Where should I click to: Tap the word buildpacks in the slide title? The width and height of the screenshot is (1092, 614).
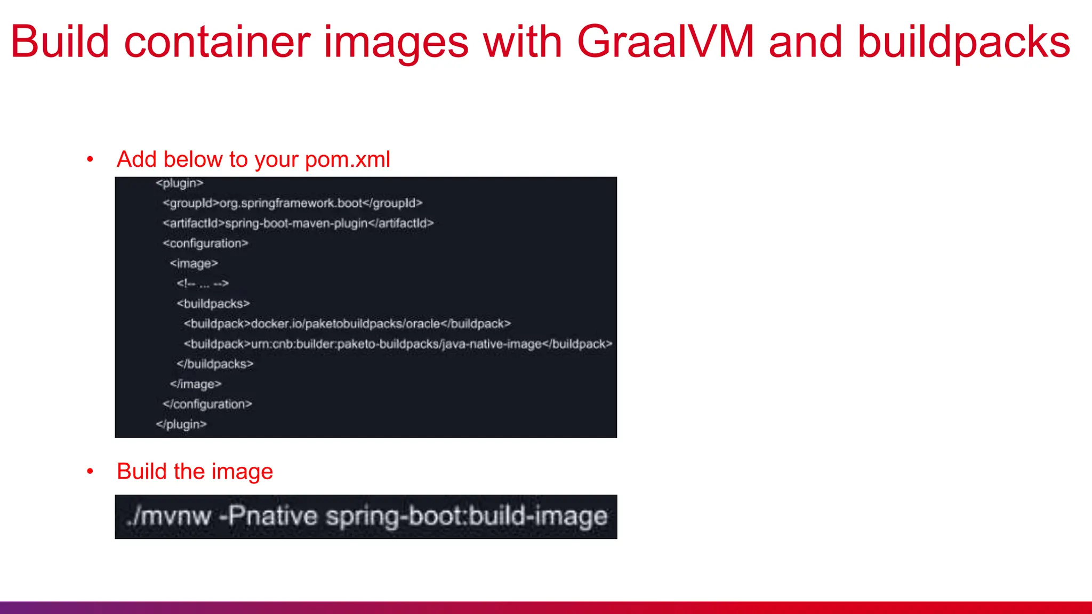pos(963,43)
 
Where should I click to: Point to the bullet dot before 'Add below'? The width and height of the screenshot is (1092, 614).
pos(90,159)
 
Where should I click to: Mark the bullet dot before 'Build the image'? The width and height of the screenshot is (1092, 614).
pos(90,471)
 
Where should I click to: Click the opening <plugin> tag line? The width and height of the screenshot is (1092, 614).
pos(180,183)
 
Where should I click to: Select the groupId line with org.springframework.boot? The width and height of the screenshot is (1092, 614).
pos(293,203)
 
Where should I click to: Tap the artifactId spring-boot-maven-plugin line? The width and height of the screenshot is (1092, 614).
pos(299,223)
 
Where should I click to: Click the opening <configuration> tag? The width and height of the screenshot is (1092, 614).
pos(206,244)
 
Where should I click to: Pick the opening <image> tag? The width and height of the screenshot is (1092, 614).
pos(194,263)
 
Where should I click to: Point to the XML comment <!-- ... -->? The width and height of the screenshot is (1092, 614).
pos(203,284)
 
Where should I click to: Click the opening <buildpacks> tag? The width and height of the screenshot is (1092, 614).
pos(213,304)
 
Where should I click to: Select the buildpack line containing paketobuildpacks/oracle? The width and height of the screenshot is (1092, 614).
pos(347,324)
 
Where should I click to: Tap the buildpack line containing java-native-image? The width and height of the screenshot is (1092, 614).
pos(398,344)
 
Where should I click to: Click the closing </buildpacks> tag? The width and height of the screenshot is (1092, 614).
pos(215,364)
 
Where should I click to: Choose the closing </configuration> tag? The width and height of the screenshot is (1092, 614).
pos(207,405)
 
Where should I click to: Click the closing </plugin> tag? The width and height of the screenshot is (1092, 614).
pos(181,425)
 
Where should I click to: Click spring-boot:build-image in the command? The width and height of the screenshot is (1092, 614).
pos(467,516)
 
